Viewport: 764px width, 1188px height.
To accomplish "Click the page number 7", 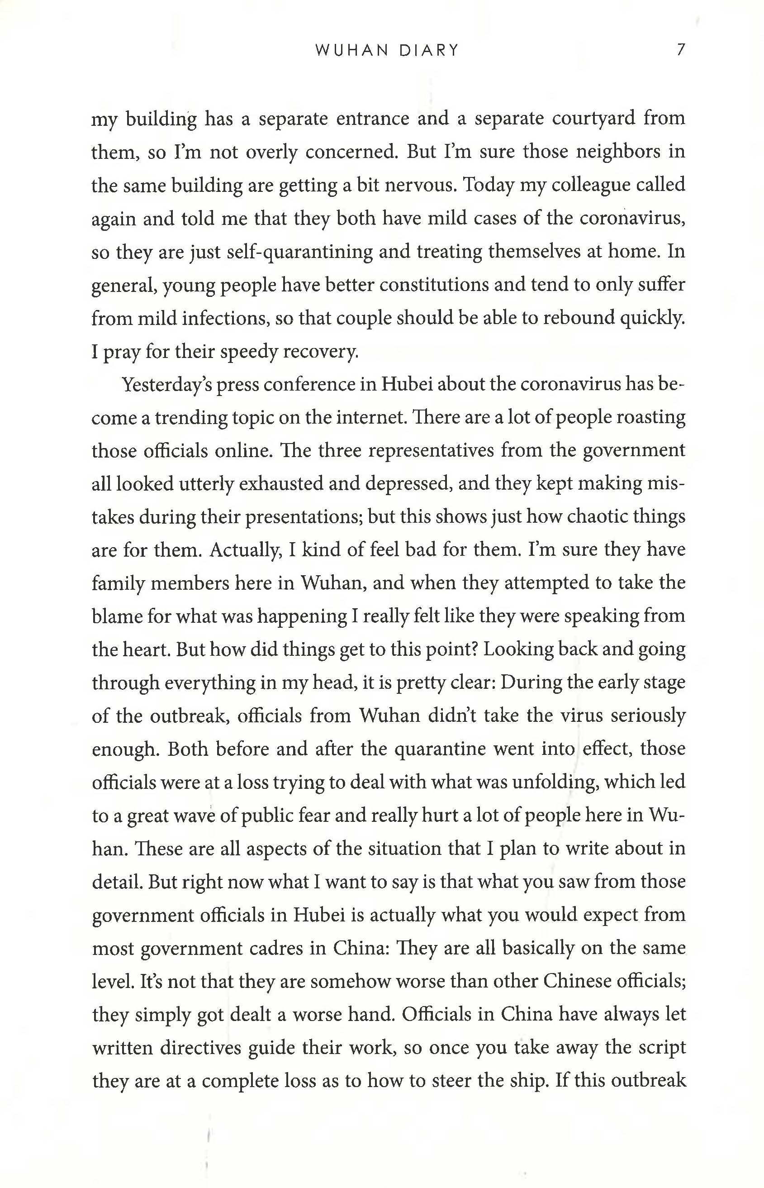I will (x=681, y=50).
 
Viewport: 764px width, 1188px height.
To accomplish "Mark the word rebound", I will (x=579, y=318).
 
